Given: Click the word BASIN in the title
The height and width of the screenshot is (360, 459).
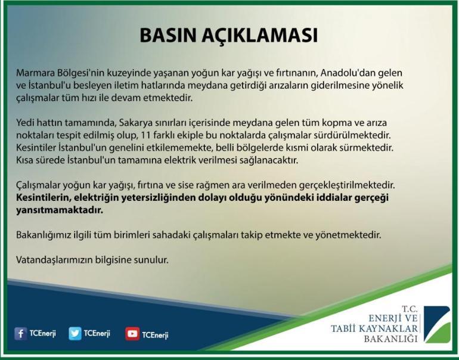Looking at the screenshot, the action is point(168,35).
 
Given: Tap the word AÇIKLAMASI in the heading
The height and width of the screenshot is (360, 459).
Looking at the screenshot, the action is point(260,36).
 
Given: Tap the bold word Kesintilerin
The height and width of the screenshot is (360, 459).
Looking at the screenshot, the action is point(44,197).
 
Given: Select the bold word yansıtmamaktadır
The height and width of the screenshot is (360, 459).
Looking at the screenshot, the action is point(60,210).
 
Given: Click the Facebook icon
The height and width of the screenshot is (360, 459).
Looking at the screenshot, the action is point(20,334).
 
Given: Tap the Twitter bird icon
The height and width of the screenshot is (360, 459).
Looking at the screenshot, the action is point(75,334).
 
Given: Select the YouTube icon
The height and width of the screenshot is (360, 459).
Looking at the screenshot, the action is point(132,334).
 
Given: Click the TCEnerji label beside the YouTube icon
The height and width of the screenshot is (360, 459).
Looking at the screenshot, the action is point(155,335).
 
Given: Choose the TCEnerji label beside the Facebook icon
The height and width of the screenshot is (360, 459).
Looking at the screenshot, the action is point(43,334).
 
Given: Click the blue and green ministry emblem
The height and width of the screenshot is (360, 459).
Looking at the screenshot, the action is point(438,325).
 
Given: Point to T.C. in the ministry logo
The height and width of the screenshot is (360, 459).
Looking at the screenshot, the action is point(410,309).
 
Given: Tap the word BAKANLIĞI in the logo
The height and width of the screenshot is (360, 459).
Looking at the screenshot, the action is point(391,339).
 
